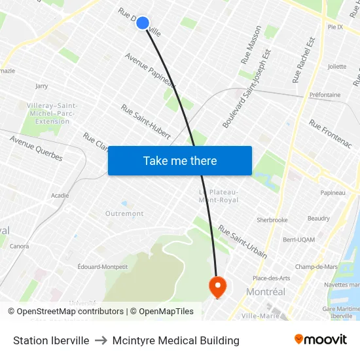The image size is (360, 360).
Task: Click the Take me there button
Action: pos(180,161)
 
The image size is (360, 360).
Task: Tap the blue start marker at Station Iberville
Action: pos(143,23)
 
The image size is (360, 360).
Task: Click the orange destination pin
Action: pos(217,286)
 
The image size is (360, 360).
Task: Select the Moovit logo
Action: pos(321,340)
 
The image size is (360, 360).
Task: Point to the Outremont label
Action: pos(124,213)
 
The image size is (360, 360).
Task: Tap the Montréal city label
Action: pos(265,292)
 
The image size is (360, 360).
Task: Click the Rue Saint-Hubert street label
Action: pos(146,122)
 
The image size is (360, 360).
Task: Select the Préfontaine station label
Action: pos(325,95)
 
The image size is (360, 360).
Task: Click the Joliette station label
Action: pos(337,66)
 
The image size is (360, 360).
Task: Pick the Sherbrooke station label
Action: pos(272,220)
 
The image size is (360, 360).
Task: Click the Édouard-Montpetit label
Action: pos(103,266)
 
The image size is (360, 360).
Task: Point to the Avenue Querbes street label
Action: pos(36,148)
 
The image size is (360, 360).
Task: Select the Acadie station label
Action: pos(60,195)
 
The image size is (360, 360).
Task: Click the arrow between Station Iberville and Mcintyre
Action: pos(101,340)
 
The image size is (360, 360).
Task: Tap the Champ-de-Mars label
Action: pos(316,266)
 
